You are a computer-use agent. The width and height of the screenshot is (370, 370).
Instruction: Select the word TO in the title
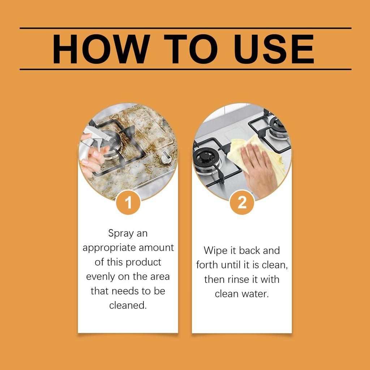click(191, 49)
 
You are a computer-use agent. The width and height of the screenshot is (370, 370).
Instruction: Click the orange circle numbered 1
click(128, 202)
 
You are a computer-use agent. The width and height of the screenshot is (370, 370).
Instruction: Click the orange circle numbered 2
click(242, 202)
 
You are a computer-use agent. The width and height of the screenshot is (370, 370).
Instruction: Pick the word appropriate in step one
click(109, 248)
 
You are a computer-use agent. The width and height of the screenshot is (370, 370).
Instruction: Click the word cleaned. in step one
click(128, 305)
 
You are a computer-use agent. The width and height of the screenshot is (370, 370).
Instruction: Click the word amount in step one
click(156, 248)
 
